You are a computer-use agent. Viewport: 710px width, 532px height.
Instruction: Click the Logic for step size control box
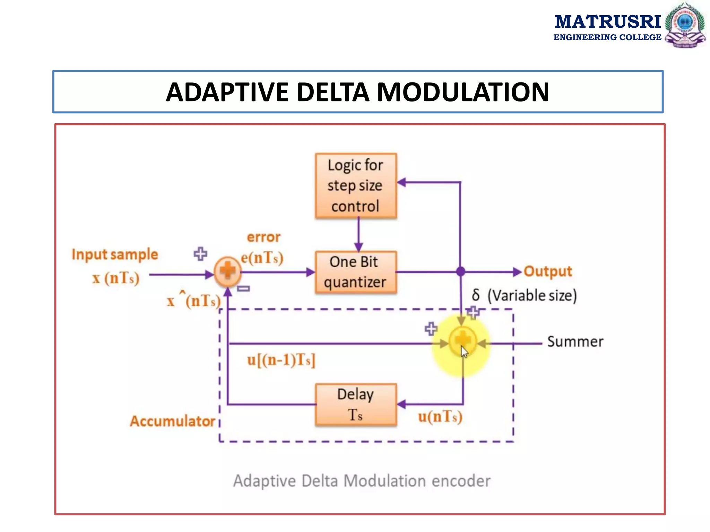(x=356, y=186)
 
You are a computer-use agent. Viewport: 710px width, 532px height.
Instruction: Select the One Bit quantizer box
(x=356, y=272)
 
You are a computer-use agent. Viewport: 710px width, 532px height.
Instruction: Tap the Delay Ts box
(x=356, y=404)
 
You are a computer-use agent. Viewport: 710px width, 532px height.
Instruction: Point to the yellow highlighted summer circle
(x=462, y=341)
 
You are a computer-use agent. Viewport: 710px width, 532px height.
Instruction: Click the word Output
(x=548, y=271)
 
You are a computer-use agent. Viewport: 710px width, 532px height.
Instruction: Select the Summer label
(x=575, y=342)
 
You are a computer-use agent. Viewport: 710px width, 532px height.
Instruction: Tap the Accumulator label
(x=172, y=421)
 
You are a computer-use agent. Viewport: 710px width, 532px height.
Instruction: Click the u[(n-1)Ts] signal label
(x=281, y=360)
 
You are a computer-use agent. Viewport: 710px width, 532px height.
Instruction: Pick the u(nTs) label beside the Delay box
(x=440, y=417)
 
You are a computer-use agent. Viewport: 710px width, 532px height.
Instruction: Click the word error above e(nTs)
(x=263, y=237)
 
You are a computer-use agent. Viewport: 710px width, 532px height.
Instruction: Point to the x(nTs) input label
(x=115, y=278)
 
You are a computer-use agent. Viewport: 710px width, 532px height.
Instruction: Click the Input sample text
(x=115, y=254)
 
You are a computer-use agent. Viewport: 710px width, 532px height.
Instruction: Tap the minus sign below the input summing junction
(x=243, y=289)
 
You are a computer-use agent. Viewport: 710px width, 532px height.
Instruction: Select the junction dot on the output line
(x=460, y=272)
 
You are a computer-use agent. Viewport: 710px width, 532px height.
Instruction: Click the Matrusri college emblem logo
(x=684, y=25)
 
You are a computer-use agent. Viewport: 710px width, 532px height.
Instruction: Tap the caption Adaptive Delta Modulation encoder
(x=362, y=481)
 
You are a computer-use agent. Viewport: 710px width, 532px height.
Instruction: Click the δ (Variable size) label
(x=524, y=295)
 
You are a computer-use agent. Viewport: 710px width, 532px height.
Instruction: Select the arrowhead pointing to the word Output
(x=517, y=272)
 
